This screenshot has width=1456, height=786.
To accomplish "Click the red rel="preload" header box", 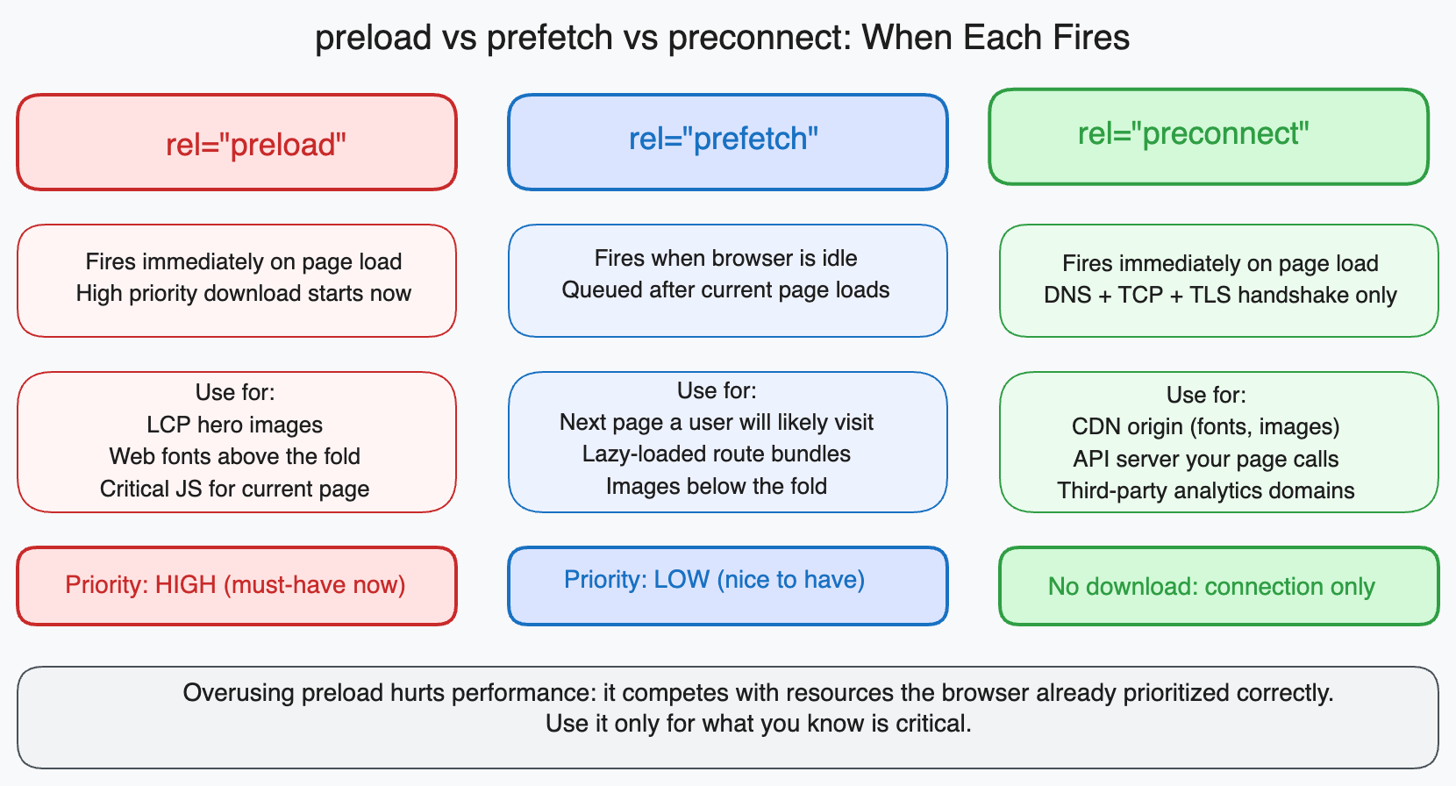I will click(x=237, y=142).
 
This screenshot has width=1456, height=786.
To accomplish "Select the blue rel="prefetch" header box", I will click(x=727, y=142).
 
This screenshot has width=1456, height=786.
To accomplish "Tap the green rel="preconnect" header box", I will click(x=1208, y=137).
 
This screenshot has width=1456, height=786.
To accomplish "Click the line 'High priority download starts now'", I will click(x=243, y=293).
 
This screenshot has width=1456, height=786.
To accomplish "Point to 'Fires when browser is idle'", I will click(x=725, y=258).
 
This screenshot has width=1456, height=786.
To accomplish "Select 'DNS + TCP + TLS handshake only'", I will click(x=1219, y=295).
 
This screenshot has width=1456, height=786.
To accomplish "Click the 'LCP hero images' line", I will click(x=234, y=425).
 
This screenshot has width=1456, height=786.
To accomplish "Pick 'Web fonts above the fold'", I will click(x=234, y=456).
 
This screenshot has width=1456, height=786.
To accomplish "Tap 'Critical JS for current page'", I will click(x=234, y=489).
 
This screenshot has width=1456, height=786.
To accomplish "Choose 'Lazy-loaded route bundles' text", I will click(x=716, y=454).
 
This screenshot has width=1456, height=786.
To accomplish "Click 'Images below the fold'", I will click(x=716, y=486).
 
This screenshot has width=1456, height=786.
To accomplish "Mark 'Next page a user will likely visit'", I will click(x=716, y=422).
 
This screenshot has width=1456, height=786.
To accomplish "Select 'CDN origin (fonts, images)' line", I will click(x=1205, y=426).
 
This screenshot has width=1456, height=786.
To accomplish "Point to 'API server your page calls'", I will click(x=1205, y=459).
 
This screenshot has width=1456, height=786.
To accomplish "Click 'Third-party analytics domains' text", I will click(x=1205, y=490).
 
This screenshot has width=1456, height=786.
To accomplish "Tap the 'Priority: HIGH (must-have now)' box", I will click(x=237, y=586).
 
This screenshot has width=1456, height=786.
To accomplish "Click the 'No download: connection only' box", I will click(x=1218, y=586).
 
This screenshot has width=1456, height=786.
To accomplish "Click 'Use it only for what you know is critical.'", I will click(x=758, y=724).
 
